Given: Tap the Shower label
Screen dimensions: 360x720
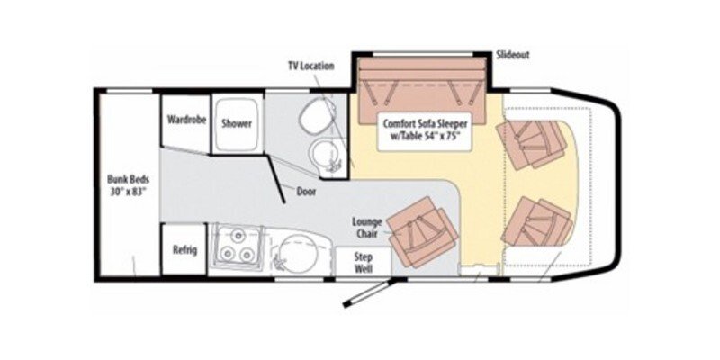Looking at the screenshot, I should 236,124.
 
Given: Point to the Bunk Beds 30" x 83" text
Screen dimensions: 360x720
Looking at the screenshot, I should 125,184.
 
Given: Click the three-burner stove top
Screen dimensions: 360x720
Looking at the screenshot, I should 236,249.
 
